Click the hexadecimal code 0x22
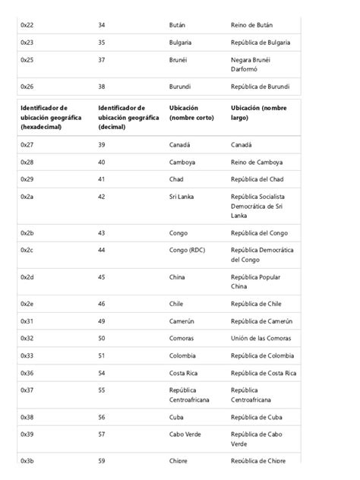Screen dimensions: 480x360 click(x=27, y=25)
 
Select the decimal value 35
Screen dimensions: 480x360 click(x=102, y=43)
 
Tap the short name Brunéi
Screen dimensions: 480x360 click(x=178, y=59)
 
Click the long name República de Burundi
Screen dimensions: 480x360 click(x=261, y=87)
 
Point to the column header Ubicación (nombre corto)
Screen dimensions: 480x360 click(x=191, y=112)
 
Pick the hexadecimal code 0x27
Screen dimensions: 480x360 click(x=27, y=144)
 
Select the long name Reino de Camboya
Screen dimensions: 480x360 click(x=257, y=162)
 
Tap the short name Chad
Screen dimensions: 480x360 click(x=176, y=179)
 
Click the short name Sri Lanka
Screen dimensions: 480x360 click(x=182, y=196)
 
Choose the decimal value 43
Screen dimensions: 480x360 click(x=102, y=233)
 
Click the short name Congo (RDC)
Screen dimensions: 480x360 click(x=187, y=250)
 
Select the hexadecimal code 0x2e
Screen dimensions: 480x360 click(x=27, y=304)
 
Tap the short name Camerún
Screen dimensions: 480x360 click(x=182, y=321)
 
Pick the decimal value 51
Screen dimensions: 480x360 click(x=102, y=355)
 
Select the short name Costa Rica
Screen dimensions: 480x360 click(x=184, y=373)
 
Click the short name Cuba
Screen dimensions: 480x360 click(x=176, y=417)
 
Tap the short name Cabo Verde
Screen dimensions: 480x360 click(x=185, y=434)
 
